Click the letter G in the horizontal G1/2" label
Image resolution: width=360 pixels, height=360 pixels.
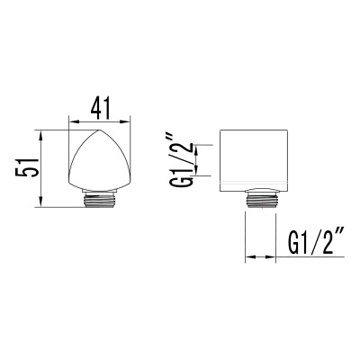point(294,241)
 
